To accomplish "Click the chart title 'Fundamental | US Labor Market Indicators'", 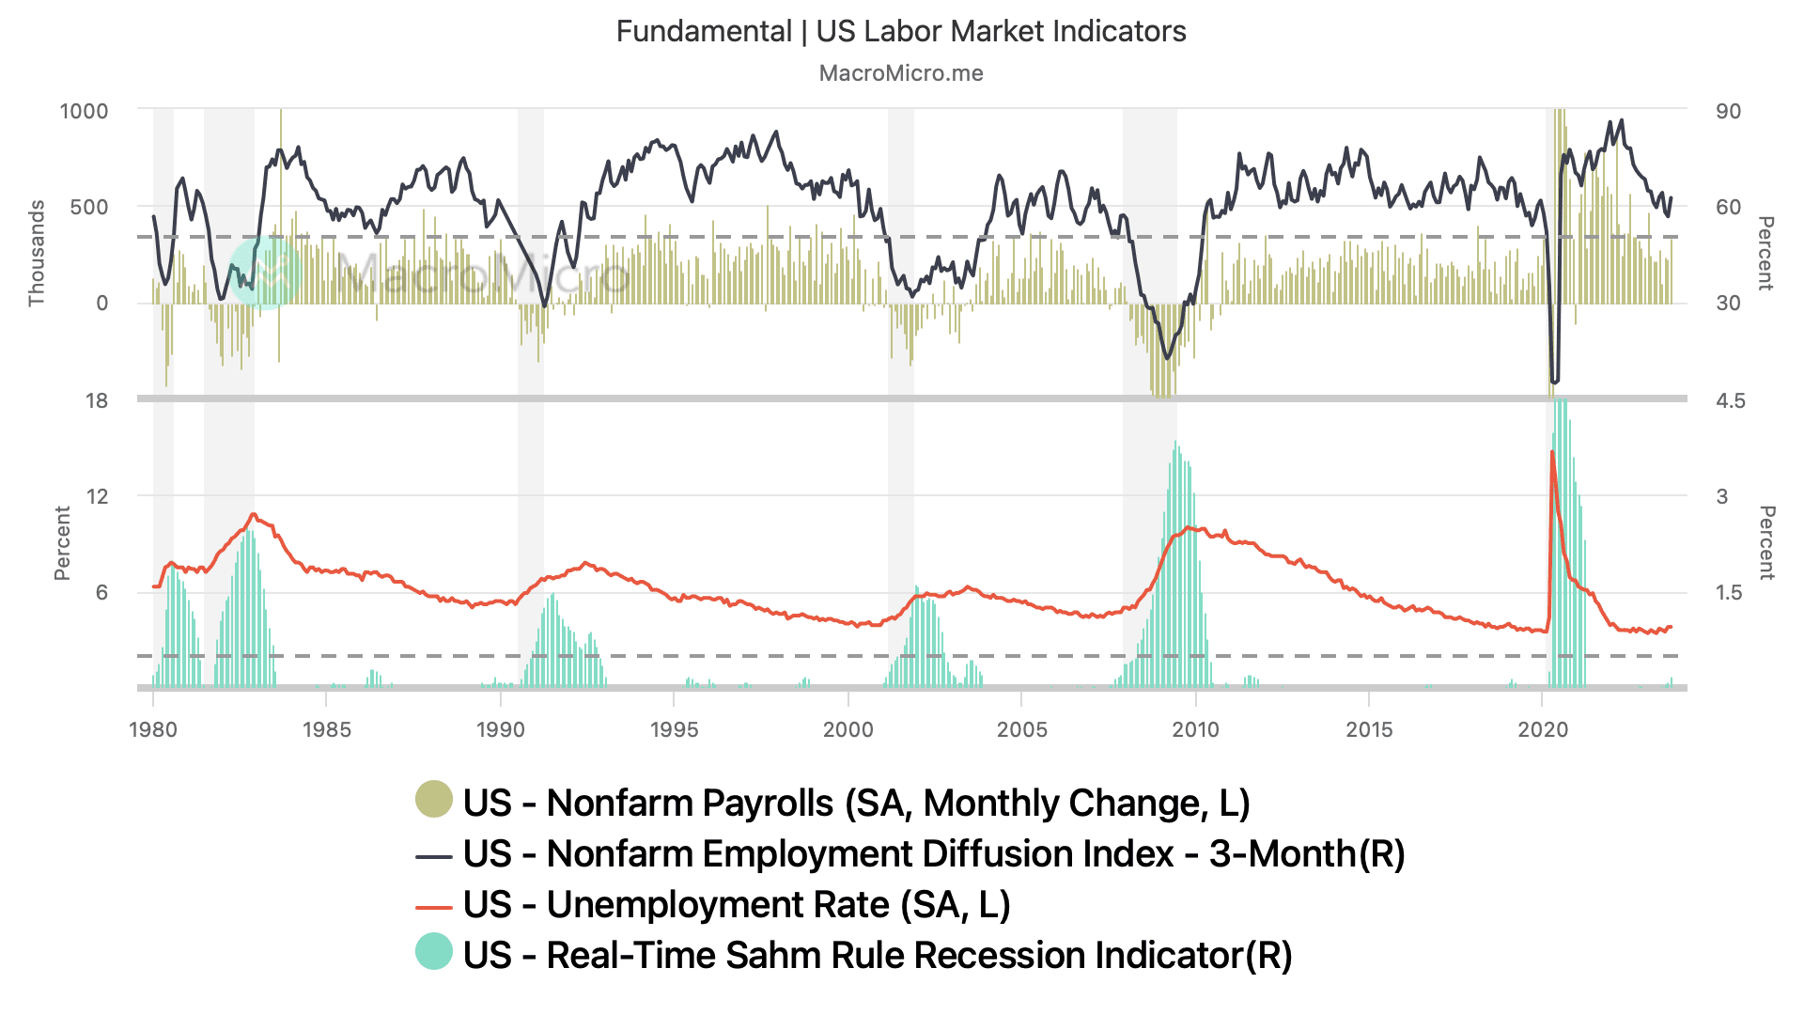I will point(900,31).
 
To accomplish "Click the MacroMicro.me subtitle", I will point(900,73).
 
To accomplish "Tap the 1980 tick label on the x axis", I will point(153,729).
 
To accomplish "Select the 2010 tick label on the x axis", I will point(1195,729).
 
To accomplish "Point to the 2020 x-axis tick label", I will point(1543,729).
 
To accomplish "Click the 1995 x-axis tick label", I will point(674,729).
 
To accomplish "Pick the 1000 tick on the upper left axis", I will point(84,111).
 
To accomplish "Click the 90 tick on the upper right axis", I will point(1728,111).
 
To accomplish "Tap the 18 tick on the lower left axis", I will point(97,400).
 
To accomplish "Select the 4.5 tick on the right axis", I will point(1730,400).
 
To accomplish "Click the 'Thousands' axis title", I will point(37,253).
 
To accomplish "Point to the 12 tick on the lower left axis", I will point(97,496).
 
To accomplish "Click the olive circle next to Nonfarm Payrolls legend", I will point(434,799).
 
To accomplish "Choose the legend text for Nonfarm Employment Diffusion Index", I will point(933,853).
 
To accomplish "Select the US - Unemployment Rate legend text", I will point(736,904).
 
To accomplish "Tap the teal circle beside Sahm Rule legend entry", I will point(434,951).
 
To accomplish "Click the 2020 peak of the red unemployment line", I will point(1551,452).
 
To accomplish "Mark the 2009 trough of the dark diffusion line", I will point(1168,358).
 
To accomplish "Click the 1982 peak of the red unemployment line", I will point(253,514).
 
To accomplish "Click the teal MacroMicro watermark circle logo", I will point(266,273).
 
